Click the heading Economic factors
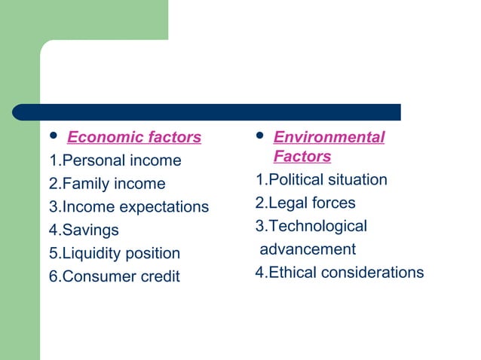point(134,137)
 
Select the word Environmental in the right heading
point(329,137)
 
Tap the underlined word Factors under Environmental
point(302,157)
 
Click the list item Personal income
point(115,160)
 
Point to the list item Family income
point(107,184)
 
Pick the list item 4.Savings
point(84,230)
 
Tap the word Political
point(295,180)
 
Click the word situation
point(357,180)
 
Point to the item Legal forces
point(305,203)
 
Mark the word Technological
point(317,226)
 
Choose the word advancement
point(308,249)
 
